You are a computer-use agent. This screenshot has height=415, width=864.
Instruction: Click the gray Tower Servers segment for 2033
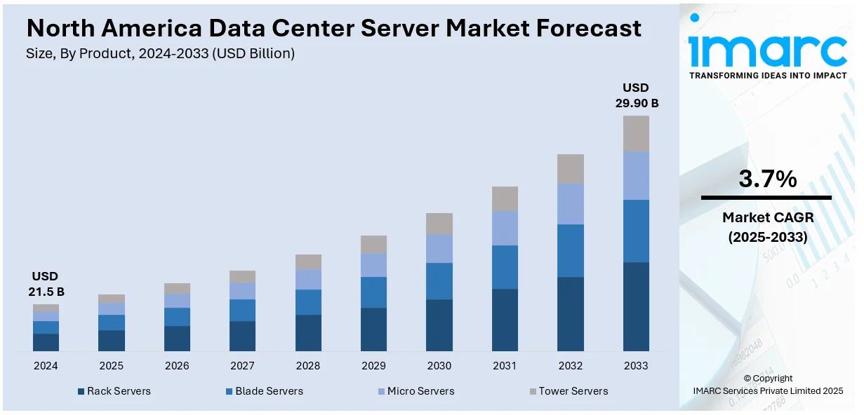pyautogui.click(x=636, y=133)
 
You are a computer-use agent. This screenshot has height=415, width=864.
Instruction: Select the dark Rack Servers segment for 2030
pyautogui.click(x=439, y=325)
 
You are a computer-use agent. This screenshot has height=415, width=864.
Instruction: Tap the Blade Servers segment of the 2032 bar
pyautogui.click(x=571, y=250)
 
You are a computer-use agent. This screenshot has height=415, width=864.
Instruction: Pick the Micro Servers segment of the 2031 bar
pyautogui.click(x=505, y=228)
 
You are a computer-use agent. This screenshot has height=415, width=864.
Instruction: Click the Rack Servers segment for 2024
pyautogui.click(x=46, y=342)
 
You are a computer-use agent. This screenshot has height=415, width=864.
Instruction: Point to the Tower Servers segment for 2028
pyautogui.click(x=308, y=261)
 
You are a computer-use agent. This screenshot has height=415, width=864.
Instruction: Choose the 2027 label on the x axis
pyautogui.click(x=242, y=366)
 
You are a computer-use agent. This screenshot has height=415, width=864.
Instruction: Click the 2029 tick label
pyautogui.click(x=373, y=366)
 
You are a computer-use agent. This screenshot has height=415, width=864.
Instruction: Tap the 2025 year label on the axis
pyautogui.click(x=111, y=366)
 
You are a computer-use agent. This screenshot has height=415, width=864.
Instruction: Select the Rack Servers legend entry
pyautogui.click(x=118, y=391)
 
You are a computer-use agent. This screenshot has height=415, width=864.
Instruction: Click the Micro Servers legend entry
pyautogui.click(x=420, y=391)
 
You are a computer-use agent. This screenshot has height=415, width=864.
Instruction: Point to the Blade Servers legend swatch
pyautogui.click(x=230, y=391)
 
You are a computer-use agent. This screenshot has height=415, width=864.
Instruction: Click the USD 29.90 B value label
pyautogui.click(x=636, y=95)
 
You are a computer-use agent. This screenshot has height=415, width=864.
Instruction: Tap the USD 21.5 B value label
pyautogui.click(x=46, y=284)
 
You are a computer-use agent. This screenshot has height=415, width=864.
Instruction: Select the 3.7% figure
pyautogui.click(x=767, y=179)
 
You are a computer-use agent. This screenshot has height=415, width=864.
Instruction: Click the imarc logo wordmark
pyautogui.click(x=767, y=49)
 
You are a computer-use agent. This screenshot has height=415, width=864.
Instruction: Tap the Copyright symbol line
pyautogui.click(x=767, y=379)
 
